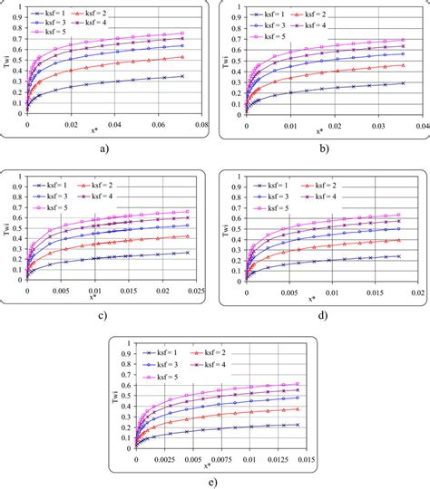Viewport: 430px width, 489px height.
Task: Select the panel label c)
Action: pos(106,315)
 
